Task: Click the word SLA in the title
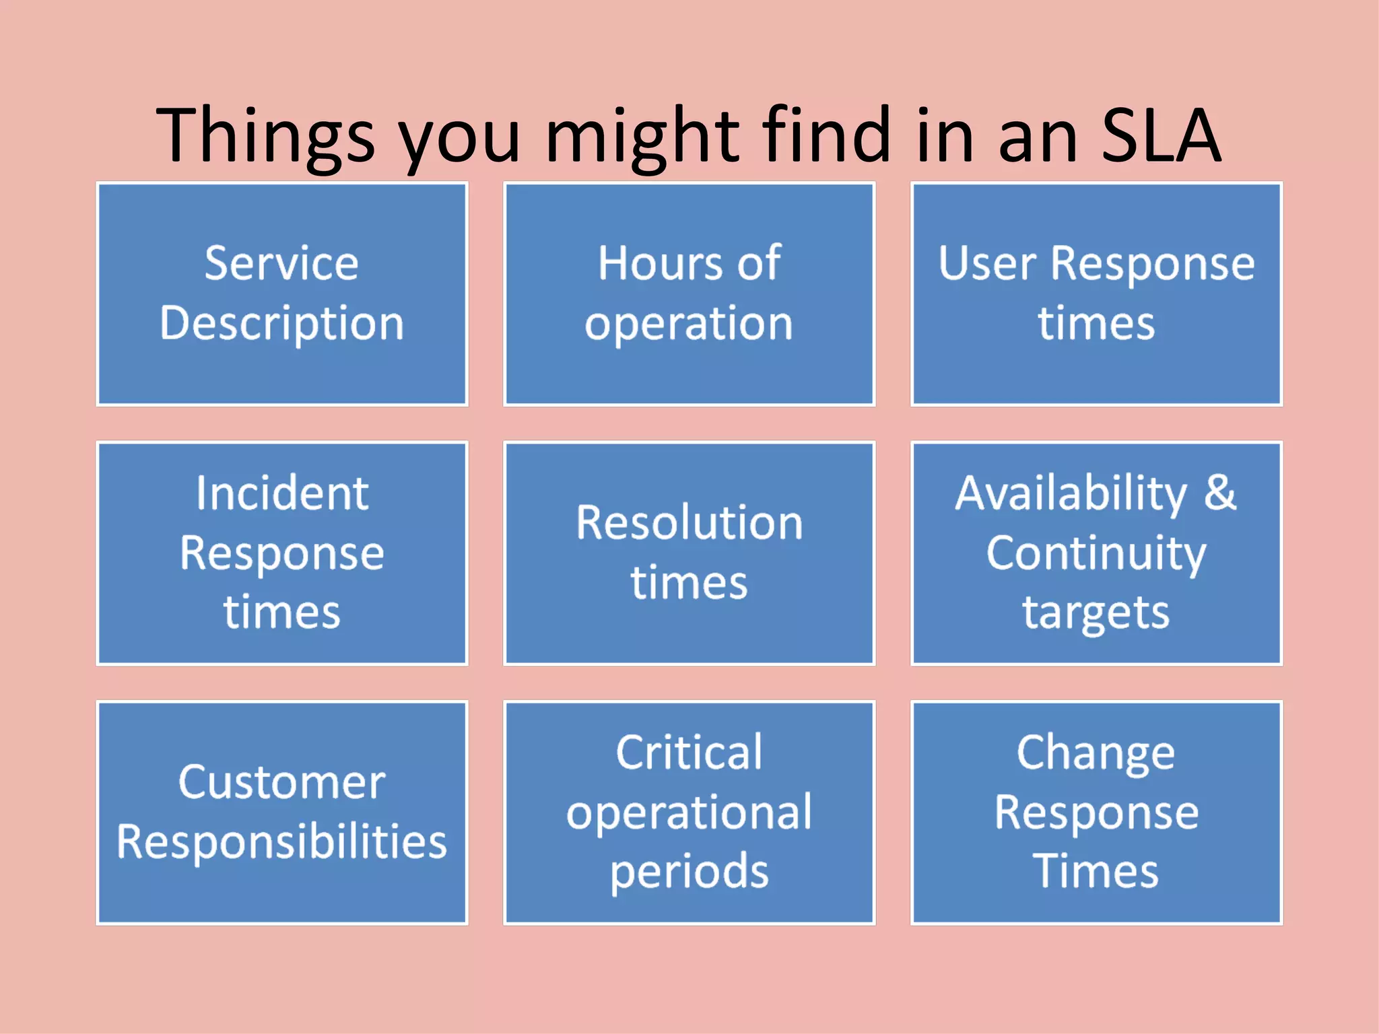[x=1160, y=137]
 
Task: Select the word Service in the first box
[x=281, y=263]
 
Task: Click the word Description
[x=281, y=324]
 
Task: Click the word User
[x=986, y=263]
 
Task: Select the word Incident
[x=281, y=493]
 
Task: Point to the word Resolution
[x=689, y=523]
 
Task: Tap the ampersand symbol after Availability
[x=1220, y=493]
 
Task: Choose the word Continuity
[x=1096, y=554]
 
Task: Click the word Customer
[x=281, y=783]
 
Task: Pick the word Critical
[x=689, y=753]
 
